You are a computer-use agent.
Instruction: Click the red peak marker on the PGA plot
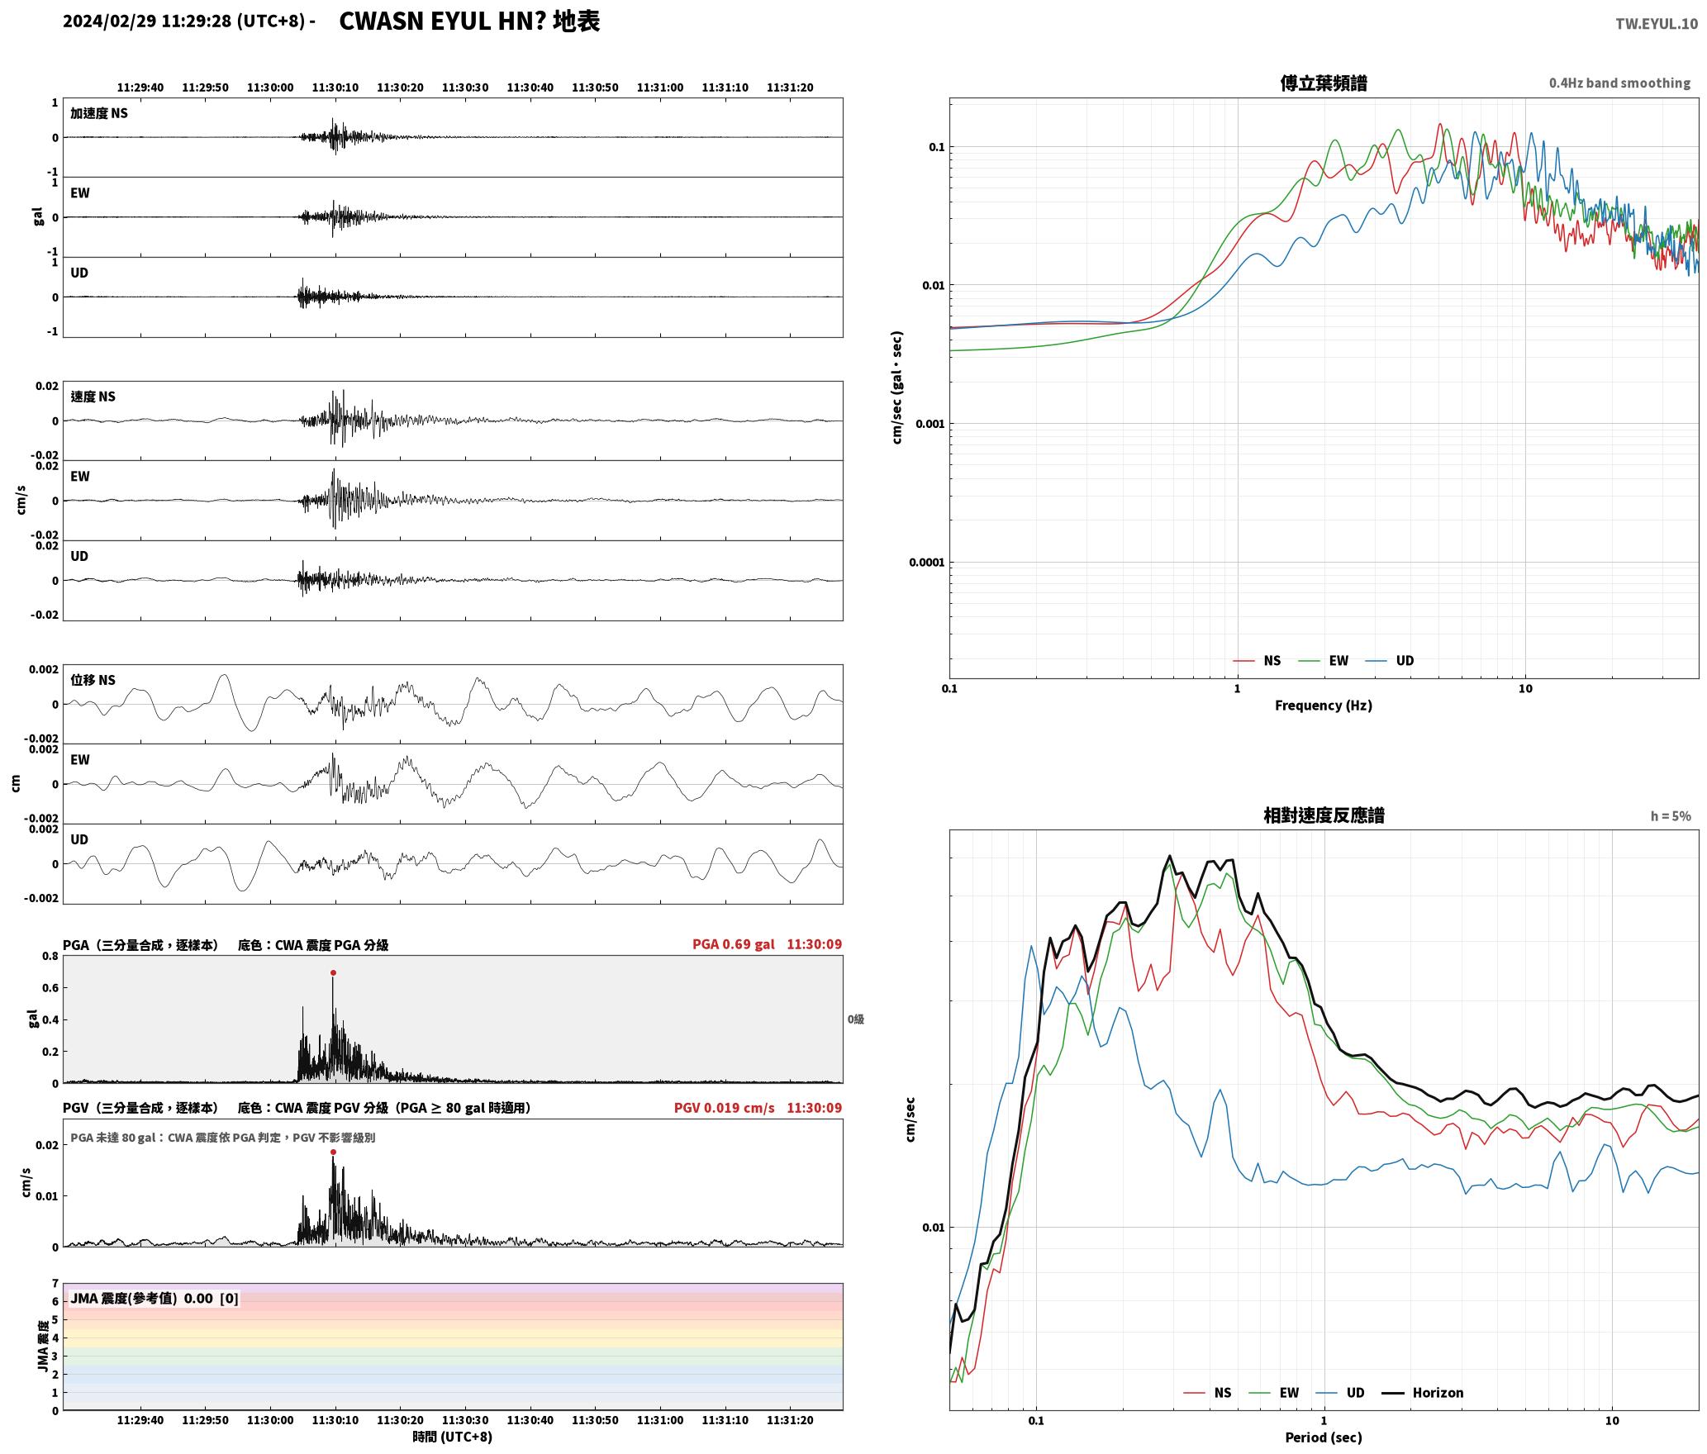[333, 973]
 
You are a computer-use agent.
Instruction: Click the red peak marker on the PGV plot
[333, 1152]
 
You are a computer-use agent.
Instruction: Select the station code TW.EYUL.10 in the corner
[1657, 23]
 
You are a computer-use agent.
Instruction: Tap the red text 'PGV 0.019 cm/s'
[725, 1108]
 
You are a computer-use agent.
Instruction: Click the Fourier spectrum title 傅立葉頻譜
[1324, 83]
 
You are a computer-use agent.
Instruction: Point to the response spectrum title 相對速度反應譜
[1324, 815]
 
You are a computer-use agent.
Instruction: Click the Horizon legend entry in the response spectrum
[1423, 1393]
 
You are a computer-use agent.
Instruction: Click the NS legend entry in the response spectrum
[1208, 1393]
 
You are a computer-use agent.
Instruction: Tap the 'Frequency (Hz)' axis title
[1324, 706]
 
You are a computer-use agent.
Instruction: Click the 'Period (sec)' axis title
[1324, 1437]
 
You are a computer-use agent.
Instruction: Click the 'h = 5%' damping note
[1671, 816]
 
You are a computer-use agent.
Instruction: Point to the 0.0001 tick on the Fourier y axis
[926, 563]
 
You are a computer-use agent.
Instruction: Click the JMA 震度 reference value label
[155, 1299]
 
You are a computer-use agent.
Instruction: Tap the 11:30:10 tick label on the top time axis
[335, 88]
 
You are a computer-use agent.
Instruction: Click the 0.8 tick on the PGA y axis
[50, 957]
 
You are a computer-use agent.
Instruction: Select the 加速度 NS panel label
[99, 113]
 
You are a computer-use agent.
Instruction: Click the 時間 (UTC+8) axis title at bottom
[453, 1437]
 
